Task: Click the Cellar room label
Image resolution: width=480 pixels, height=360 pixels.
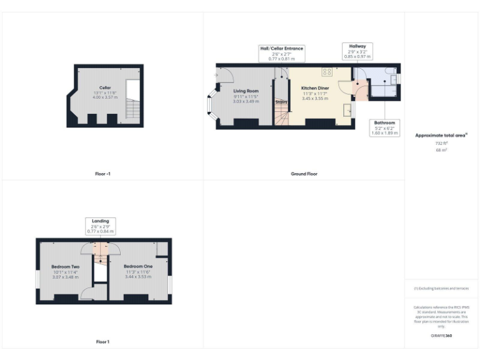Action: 105,87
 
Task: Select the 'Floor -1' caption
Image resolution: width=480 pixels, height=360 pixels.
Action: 104,174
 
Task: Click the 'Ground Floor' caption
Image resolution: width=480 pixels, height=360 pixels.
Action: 304,174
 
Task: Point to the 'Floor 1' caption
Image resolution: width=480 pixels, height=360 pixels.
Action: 102,342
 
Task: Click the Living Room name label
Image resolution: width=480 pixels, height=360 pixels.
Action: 246,91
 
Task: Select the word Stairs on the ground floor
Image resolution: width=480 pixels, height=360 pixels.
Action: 282,101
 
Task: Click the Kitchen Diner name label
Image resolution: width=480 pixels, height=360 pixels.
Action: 314,88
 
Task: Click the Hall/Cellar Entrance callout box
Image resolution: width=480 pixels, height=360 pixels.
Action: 281,53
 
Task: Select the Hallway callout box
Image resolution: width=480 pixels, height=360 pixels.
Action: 358,51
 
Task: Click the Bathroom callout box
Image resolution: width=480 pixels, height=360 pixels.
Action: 384,127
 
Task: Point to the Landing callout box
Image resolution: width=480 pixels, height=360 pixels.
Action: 100,226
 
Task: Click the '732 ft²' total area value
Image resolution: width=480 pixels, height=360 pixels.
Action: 442,144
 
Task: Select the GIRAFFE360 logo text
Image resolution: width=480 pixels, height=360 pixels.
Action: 442,336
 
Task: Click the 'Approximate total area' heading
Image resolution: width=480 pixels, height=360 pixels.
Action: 441,135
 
